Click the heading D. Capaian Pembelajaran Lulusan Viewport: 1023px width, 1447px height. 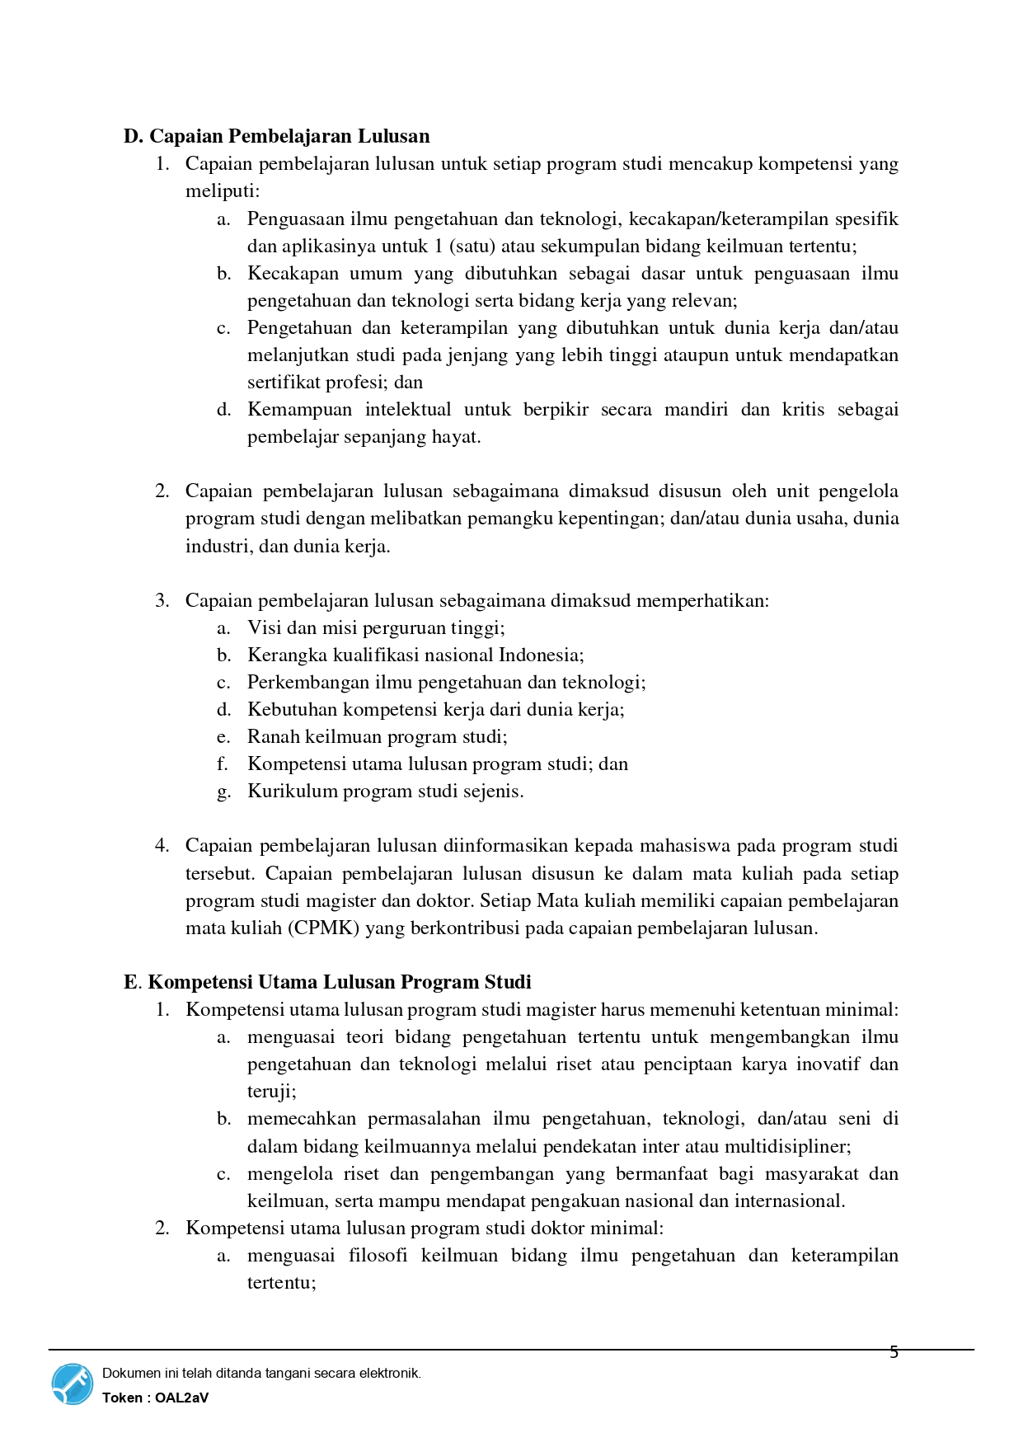pos(276,136)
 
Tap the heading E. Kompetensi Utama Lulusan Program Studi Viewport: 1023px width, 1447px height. pos(327,982)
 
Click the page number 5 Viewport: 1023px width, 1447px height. pos(894,1352)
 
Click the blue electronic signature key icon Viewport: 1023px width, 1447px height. pos(73,1384)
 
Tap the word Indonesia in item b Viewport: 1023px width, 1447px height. pos(540,655)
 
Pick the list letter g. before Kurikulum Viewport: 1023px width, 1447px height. pos(223,792)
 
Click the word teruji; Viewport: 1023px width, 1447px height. pos(271,1092)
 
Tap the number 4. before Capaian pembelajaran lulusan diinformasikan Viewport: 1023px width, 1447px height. pos(162,846)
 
